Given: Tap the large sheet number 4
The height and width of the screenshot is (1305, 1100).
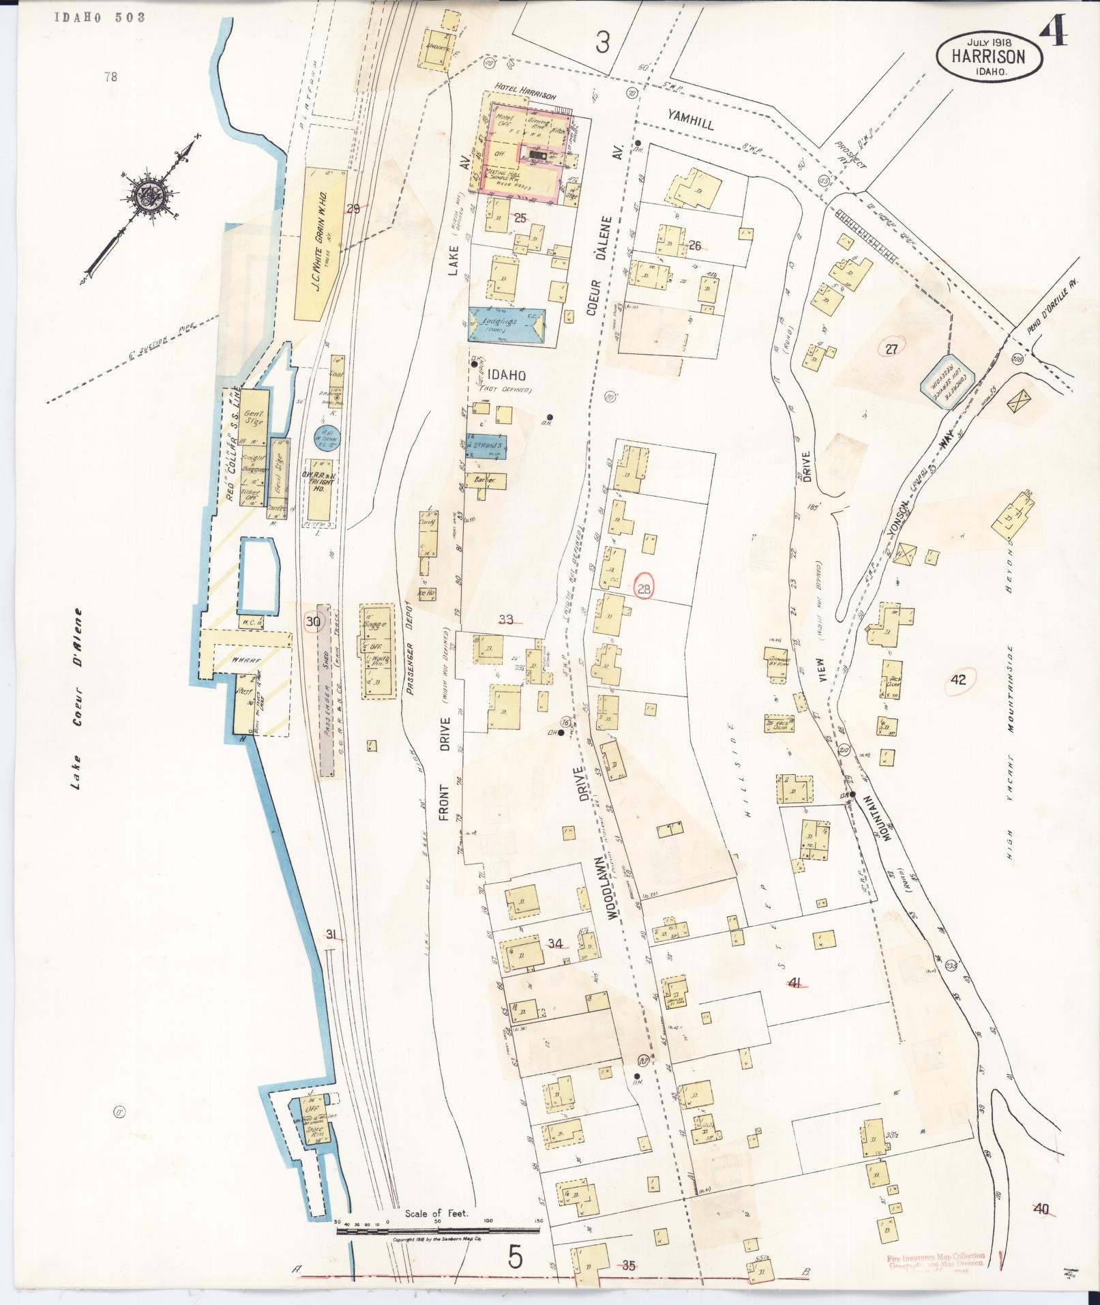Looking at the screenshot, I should point(1053,27).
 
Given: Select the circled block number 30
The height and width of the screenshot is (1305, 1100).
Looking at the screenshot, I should point(313,621).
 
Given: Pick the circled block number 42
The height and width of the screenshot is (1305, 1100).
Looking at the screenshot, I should point(958,679).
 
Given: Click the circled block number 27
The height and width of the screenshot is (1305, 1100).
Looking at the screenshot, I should point(891,349).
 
